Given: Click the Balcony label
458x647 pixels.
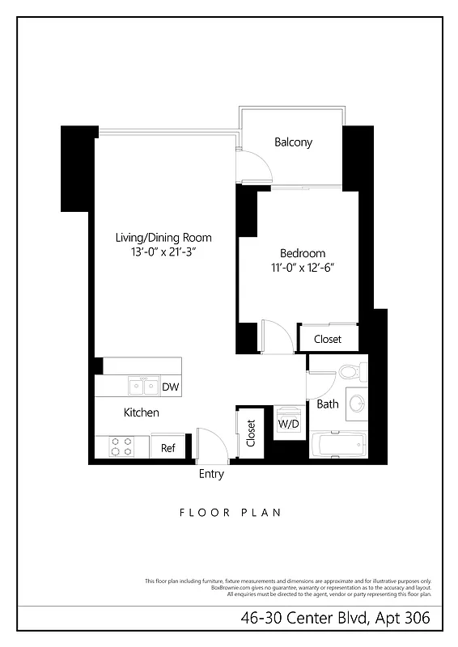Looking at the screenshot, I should (x=293, y=142).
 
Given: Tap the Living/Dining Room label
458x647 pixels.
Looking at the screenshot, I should (x=163, y=238).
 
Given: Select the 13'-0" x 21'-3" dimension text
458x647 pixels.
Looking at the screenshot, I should (x=163, y=252).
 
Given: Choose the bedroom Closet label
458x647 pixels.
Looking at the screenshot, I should (x=328, y=339).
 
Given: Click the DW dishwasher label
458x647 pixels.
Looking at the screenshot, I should (x=170, y=387).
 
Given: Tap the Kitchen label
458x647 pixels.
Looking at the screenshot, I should (x=141, y=412).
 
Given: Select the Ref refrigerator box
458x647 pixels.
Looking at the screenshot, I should (x=168, y=448).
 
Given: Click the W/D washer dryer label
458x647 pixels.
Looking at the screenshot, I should (x=289, y=422).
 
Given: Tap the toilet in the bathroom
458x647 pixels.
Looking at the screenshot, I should (x=350, y=374).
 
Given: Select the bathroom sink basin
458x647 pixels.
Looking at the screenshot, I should (x=357, y=403).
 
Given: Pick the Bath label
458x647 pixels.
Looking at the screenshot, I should (x=328, y=404).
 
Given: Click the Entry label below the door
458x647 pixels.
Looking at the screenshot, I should (x=211, y=475).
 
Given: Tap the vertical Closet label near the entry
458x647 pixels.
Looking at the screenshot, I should (x=251, y=433).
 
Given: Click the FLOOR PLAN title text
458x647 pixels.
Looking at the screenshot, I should (x=229, y=512).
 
